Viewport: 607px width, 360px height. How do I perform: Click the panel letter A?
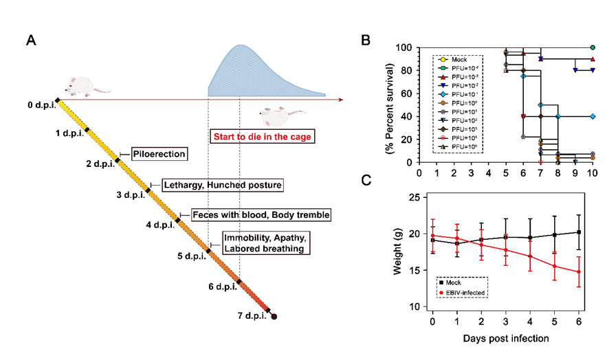point(32,40)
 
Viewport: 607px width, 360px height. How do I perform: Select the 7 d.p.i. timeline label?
point(249,317)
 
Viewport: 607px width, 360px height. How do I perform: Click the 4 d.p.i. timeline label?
point(159,225)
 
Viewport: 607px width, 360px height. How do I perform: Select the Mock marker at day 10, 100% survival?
point(592,48)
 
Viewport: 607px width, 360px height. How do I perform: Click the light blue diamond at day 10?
point(592,117)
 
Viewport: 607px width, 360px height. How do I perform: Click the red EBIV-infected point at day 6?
point(579,272)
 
